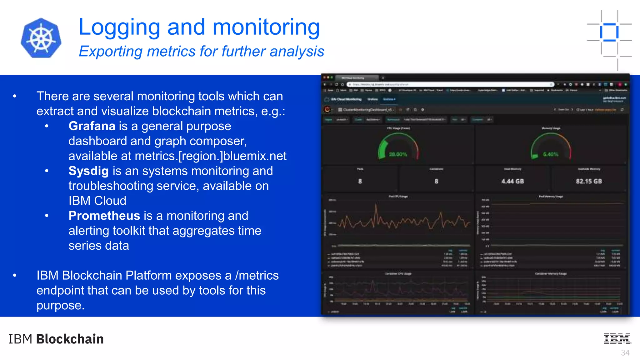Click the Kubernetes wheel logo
(x=41, y=38)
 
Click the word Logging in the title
(x=119, y=27)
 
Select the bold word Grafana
(x=92, y=126)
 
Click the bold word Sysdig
(x=88, y=171)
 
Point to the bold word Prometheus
(x=104, y=216)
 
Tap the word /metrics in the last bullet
(x=257, y=276)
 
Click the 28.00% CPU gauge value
(x=398, y=154)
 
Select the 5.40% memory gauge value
(x=550, y=154)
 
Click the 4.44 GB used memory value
(x=512, y=181)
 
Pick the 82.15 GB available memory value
(x=589, y=181)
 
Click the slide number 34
(x=625, y=353)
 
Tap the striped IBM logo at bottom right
(x=617, y=339)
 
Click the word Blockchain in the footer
(x=70, y=339)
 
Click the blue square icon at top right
(x=609, y=32)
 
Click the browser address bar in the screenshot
(x=450, y=84)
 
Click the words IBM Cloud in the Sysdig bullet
(x=97, y=201)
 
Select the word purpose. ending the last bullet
(x=60, y=305)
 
